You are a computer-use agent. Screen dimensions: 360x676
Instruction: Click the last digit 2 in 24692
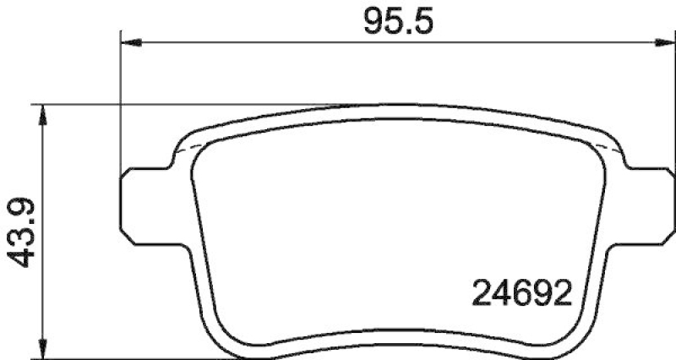click(564, 295)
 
